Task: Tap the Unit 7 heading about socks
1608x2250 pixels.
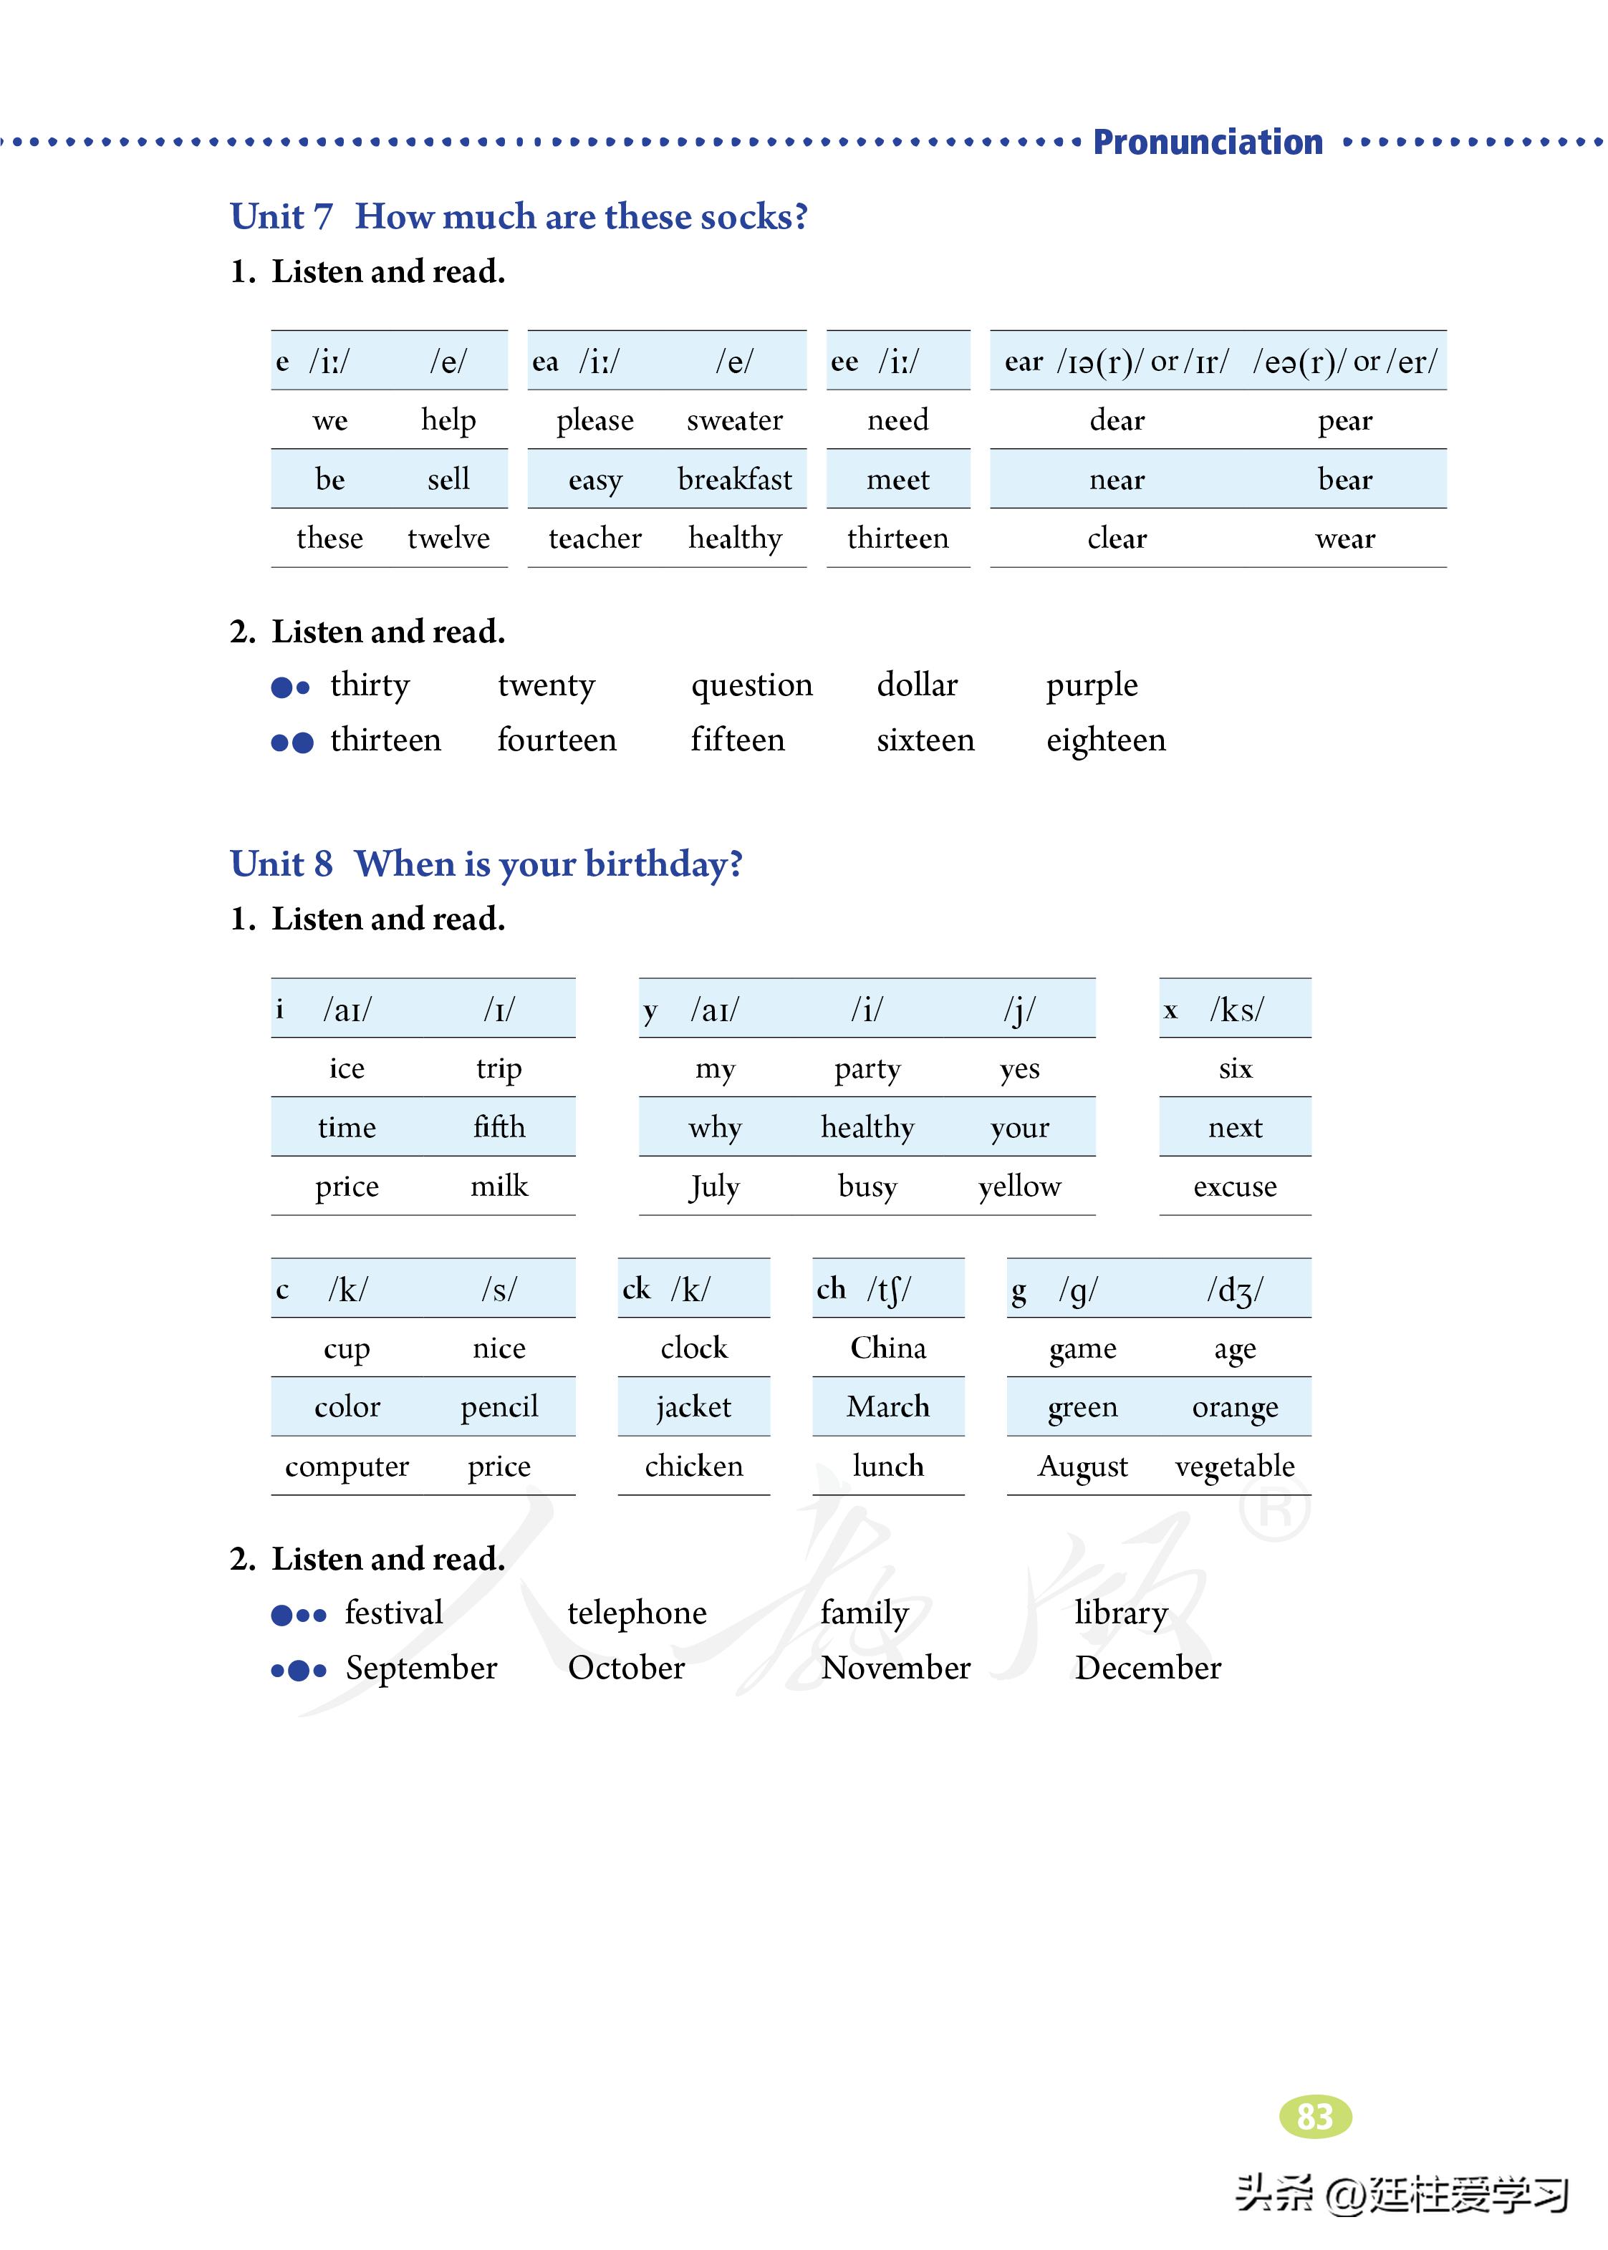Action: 519,217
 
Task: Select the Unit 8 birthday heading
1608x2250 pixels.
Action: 486,864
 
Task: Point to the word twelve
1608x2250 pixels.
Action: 448,539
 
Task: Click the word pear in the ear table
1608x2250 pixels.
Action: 1344,420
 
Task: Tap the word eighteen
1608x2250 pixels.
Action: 1105,740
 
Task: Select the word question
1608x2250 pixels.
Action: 751,685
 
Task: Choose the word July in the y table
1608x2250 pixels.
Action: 714,1186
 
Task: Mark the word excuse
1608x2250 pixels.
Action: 1235,1186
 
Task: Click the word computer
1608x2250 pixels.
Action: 347,1466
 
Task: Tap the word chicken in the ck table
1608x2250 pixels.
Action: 693,1466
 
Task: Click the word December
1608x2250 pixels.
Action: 1147,1668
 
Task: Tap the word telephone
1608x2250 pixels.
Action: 637,1613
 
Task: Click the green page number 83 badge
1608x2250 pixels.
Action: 1315,2116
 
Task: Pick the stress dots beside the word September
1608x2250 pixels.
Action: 298,1671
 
